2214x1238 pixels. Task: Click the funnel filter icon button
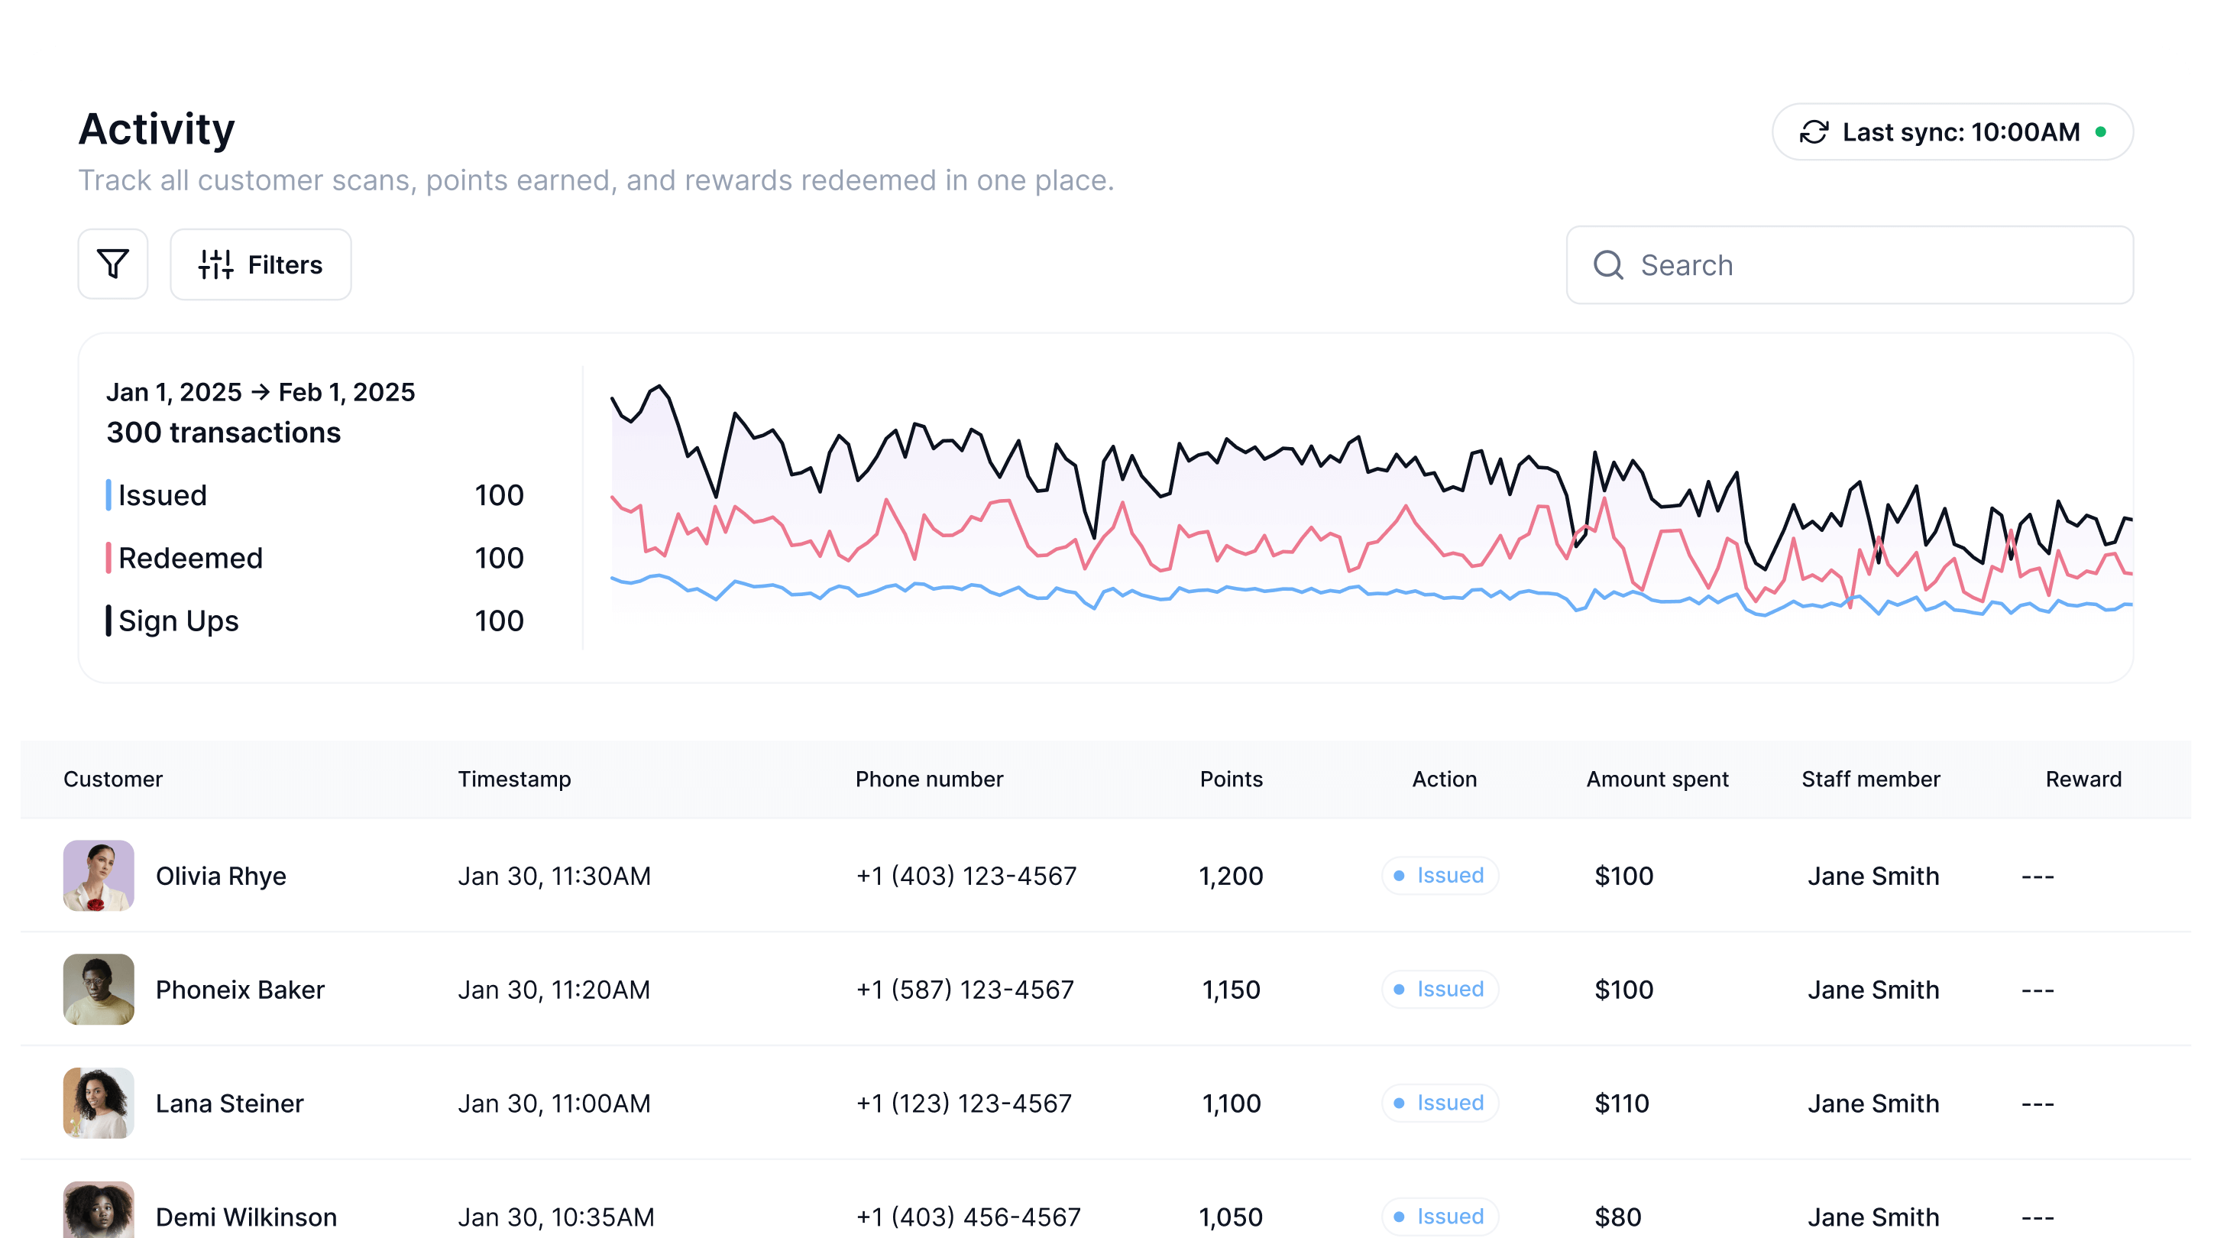pos(112,264)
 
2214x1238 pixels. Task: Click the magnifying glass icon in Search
pos(1607,264)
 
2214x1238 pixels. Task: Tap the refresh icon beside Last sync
pos(1814,132)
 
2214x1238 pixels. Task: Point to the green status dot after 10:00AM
pos(2101,131)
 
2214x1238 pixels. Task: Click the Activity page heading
pos(157,129)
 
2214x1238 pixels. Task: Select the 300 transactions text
pos(223,433)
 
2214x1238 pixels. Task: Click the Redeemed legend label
pos(190,558)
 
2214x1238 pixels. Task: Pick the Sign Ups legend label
pos(178,621)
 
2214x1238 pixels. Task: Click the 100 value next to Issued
pos(498,495)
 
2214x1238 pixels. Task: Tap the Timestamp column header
pos(514,779)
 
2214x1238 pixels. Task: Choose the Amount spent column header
pos(1656,779)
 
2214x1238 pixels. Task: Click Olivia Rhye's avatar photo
pos(99,875)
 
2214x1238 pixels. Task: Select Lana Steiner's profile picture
pos(99,1103)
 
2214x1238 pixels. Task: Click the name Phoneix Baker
pos(240,990)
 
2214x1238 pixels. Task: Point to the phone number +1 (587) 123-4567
pos(964,990)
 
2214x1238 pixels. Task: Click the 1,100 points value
pos(1231,1103)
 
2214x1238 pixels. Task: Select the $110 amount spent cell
pos(1621,1103)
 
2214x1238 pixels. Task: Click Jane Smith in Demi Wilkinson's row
pos(1873,1217)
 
